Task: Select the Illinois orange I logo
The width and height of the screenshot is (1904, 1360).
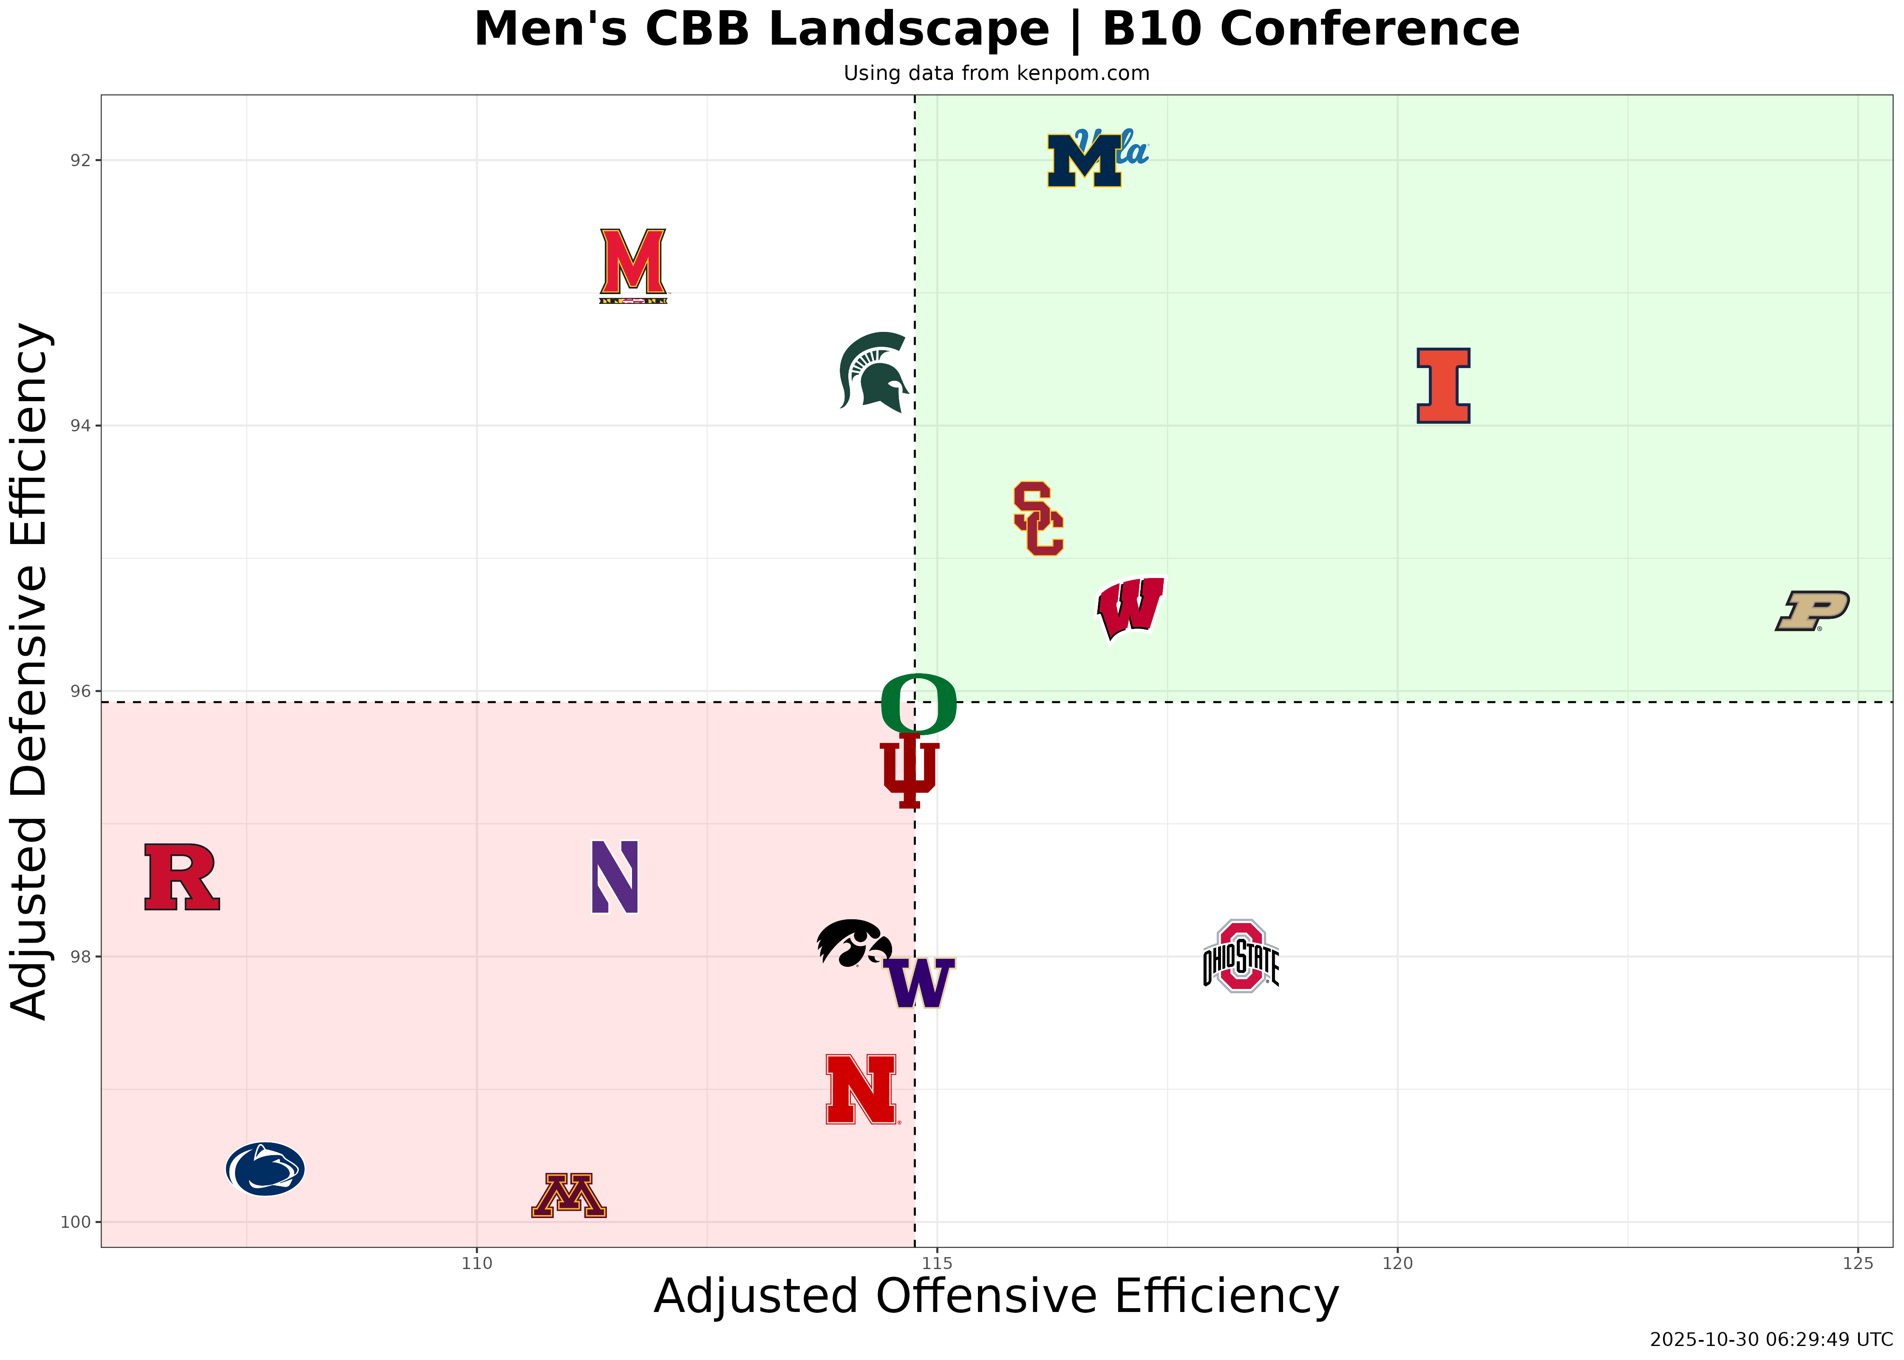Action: tap(1442, 385)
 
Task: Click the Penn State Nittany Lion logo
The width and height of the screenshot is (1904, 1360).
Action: tap(266, 1168)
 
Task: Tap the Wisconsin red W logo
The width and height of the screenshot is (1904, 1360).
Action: tap(1130, 609)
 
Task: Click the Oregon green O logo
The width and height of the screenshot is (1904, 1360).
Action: tap(918, 703)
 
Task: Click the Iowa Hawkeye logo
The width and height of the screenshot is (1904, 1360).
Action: tap(853, 944)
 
